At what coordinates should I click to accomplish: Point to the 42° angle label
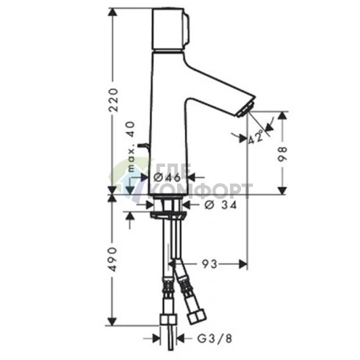coord(255,138)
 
